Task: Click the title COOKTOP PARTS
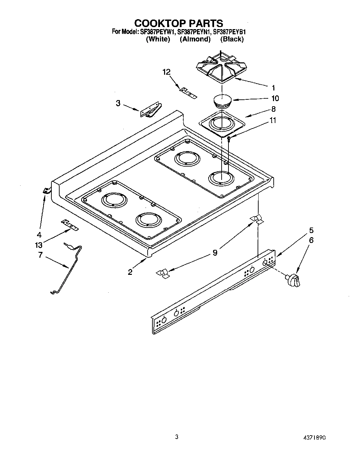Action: click(178, 23)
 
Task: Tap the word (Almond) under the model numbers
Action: click(195, 39)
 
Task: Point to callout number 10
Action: click(275, 98)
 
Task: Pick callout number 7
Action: click(40, 255)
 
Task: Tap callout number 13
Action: click(39, 245)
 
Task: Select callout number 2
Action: click(130, 272)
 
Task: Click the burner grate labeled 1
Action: click(220, 67)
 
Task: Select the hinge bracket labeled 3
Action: click(151, 110)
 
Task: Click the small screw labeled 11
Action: click(229, 138)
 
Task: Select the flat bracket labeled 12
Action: click(188, 93)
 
